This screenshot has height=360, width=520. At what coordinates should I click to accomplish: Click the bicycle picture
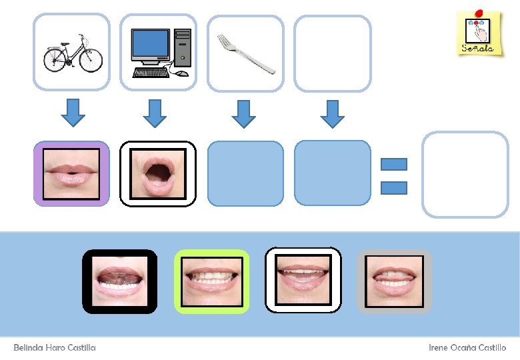coord(71,53)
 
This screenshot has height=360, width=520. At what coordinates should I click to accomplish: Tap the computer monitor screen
coord(150,44)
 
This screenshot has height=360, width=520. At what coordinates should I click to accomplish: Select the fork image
coord(246,53)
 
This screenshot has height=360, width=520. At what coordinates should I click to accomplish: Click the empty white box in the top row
coord(332,53)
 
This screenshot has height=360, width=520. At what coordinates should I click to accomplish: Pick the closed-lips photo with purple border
coord(71,173)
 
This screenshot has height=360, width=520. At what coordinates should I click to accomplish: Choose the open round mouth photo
coord(158,173)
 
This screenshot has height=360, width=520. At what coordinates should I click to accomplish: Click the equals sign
coord(393,175)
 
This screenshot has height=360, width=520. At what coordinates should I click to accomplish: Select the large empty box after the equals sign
coord(465,175)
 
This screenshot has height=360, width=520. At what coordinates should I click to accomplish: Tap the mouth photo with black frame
coord(120,281)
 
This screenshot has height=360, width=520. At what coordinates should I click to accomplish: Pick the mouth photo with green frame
coord(212,281)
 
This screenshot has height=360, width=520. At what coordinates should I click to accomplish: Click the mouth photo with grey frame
coord(395,281)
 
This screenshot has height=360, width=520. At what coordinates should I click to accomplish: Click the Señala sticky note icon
coord(477,33)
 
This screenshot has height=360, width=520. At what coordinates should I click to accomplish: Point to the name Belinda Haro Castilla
coord(55,348)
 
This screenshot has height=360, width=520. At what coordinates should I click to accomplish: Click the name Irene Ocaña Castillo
coord(467,348)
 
